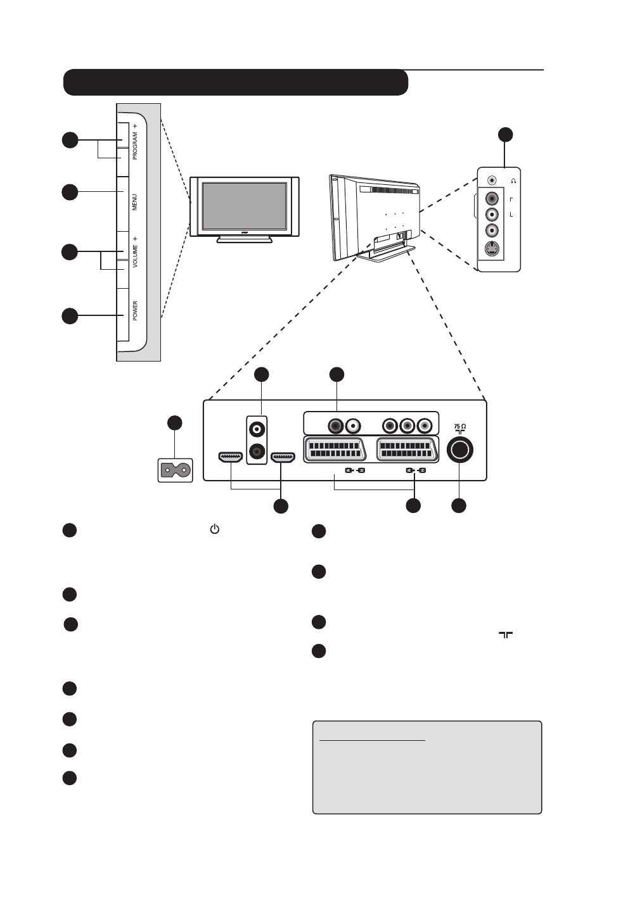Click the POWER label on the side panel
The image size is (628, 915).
click(x=135, y=311)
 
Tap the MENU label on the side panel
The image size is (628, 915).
click(x=134, y=203)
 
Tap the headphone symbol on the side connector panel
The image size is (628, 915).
click(x=513, y=180)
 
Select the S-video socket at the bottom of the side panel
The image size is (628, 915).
click(x=491, y=249)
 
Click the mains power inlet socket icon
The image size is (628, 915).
click(x=175, y=470)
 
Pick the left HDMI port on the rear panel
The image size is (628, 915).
click(x=230, y=457)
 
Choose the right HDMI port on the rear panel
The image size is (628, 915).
click(x=283, y=457)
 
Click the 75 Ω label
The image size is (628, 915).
click(x=460, y=427)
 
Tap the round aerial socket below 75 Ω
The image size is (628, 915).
click(x=459, y=450)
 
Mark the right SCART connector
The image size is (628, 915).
click(x=406, y=450)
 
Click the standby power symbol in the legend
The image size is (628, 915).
click(x=214, y=529)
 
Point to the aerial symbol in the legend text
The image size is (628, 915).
click(x=505, y=634)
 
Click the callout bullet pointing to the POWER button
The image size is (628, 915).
click(x=70, y=315)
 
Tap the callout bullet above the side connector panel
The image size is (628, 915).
click(x=504, y=134)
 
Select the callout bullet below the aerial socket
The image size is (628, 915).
click(x=458, y=505)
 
